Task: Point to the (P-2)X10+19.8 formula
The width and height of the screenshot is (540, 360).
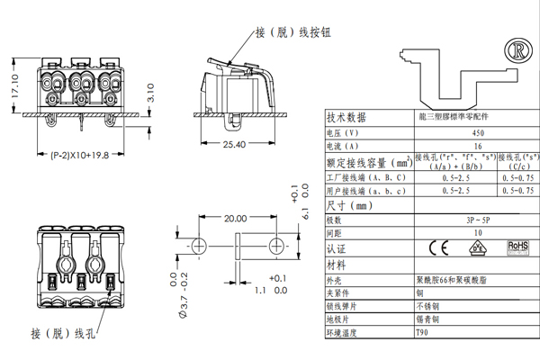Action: [x=79, y=155]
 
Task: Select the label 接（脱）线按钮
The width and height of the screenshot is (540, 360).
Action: [x=292, y=31]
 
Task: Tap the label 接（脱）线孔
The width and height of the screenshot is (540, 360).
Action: [x=61, y=334]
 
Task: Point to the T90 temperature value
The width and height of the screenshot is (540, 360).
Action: [x=422, y=332]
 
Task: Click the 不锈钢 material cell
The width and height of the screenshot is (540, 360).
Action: [x=424, y=306]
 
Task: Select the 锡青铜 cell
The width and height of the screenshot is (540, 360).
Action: [x=424, y=319]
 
